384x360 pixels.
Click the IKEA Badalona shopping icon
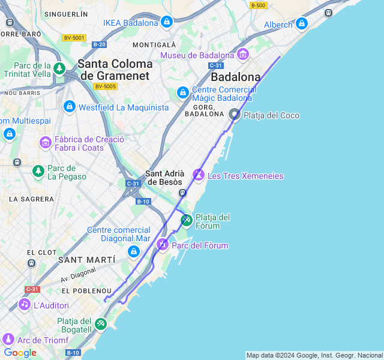tap(167, 23)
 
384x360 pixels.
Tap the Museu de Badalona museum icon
tap(243, 55)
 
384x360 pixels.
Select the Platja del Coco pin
tap(235, 114)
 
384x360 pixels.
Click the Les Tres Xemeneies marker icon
tap(199, 175)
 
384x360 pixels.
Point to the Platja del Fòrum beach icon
tap(187, 221)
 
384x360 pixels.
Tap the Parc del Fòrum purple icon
tap(163, 245)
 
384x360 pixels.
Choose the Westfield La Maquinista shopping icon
tap(70, 107)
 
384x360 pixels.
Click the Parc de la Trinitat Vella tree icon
tap(59, 69)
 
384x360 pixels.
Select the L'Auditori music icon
tap(25, 305)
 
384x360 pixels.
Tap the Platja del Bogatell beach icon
tap(101, 325)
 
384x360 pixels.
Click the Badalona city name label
tap(236, 77)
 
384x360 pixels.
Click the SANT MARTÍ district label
tap(86, 259)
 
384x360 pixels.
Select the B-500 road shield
tap(259, 5)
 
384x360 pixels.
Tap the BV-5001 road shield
tap(74, 38)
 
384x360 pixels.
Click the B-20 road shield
tap(99, 44)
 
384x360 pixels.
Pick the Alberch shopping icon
tap(301, 24)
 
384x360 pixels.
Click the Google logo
tap(20, 353)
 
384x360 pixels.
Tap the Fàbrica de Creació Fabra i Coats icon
tap(46, 143)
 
